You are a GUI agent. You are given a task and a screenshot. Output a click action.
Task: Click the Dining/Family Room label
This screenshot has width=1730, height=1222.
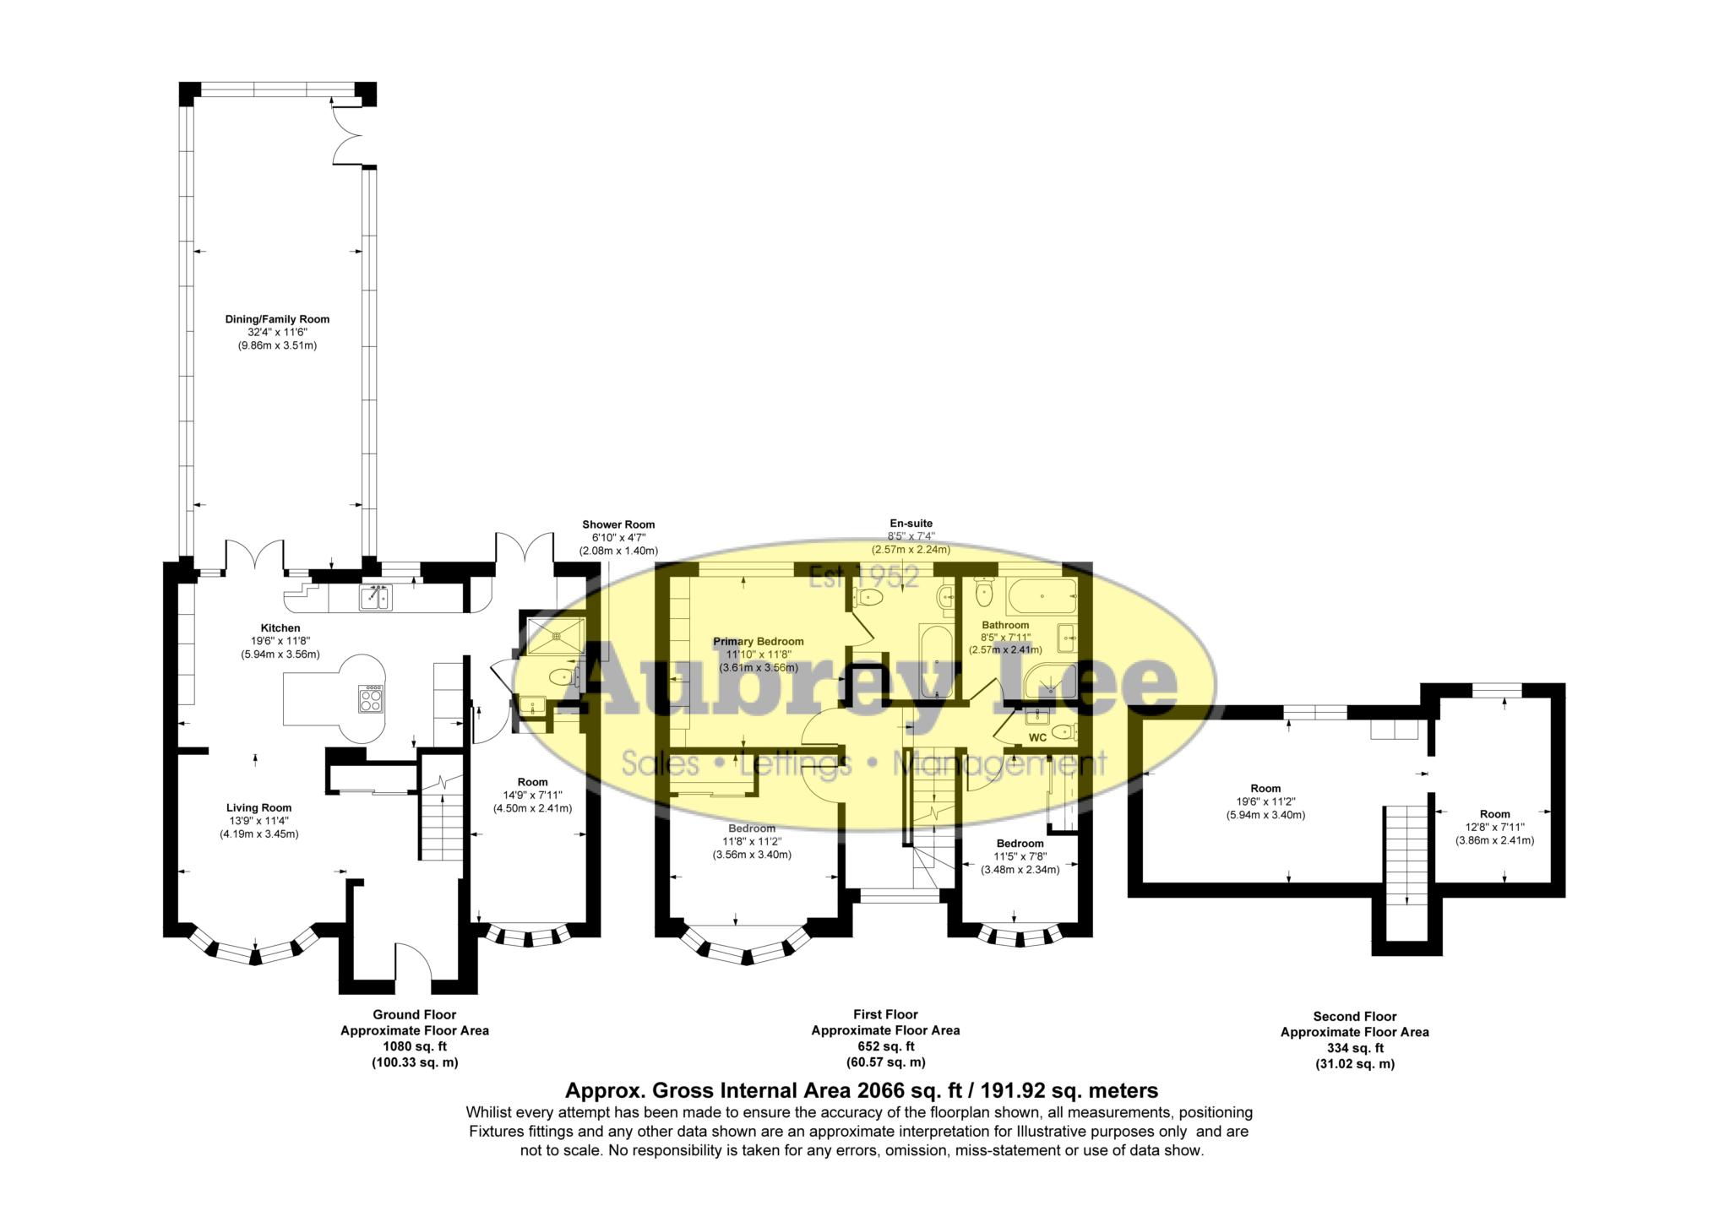(277, 319)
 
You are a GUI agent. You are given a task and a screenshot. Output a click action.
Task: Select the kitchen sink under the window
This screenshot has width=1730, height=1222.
(374, 598)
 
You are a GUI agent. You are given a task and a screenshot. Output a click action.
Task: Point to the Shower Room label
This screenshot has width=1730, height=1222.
(618, 524)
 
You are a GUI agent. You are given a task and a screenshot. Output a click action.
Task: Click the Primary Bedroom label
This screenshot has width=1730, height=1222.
(759, 641)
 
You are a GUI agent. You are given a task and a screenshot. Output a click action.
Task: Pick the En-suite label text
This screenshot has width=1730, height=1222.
(911, 524)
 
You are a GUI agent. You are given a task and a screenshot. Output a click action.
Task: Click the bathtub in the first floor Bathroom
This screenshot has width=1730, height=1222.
(1041, 596)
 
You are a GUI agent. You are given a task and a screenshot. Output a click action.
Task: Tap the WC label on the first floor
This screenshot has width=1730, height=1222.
(1037, 737)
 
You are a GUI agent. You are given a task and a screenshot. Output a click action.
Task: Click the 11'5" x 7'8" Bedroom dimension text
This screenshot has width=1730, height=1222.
(1020, 856)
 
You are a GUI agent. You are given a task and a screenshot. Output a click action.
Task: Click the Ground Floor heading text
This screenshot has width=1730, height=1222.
(414, 1014)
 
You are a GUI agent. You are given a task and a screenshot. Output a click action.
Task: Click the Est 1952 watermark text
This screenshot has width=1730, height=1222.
(863, 576)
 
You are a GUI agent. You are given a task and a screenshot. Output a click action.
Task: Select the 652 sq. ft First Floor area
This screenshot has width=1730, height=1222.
(885, 1046)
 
